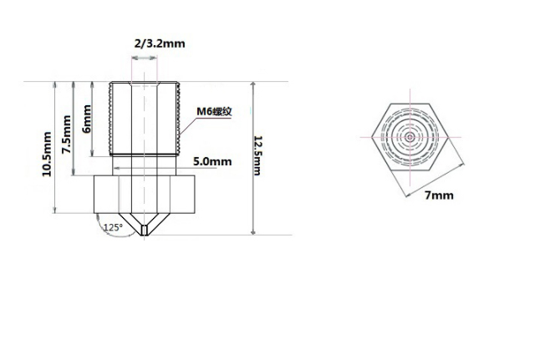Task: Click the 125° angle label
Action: (112, 227)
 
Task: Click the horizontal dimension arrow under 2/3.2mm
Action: (145, 58)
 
